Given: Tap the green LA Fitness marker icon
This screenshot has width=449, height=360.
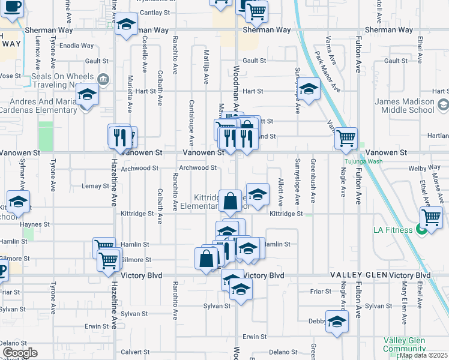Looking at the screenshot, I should click(421, 229).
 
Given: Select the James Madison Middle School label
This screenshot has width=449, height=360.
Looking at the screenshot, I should click(405, 106).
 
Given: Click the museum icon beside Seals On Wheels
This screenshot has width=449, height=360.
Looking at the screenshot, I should click(104, 78).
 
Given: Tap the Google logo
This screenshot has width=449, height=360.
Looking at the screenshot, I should click(20, 353).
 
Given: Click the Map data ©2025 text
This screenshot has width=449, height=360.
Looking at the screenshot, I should click(423, 355).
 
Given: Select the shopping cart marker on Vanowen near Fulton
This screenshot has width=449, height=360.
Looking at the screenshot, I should click(346, 138).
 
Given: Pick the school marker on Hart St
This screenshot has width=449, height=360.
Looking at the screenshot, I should click(309, 90).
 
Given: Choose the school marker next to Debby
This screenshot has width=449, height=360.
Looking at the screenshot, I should click(337, 322).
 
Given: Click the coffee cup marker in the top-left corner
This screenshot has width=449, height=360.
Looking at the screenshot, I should click(12, 8).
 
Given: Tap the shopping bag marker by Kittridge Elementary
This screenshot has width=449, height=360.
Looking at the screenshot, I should click(230, 200).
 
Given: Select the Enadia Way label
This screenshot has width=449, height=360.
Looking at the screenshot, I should click(77, 46).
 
